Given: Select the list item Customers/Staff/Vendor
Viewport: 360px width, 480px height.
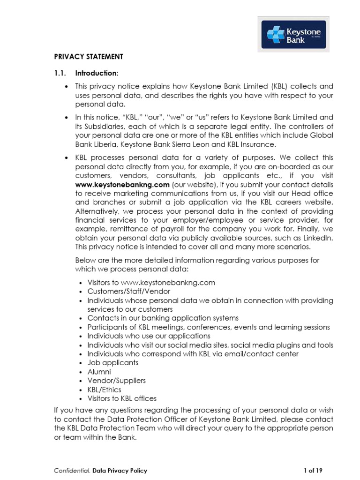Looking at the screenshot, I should (x=128, y=292).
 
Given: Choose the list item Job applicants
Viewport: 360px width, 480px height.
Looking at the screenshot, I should (x=112, y=363).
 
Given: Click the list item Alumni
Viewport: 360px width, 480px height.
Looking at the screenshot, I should (x=99, y=372).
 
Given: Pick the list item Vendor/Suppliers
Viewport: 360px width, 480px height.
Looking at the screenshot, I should (x=116, y=381).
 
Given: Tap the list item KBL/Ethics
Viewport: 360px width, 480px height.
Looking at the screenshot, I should (x=104, y=390).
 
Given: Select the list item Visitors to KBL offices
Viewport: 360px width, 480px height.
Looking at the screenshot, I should (x=122, y=398).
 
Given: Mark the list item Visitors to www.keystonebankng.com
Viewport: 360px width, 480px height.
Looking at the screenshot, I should (x=151, y=283).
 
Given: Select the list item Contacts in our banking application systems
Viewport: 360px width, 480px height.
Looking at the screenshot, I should (x=163, y=318).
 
